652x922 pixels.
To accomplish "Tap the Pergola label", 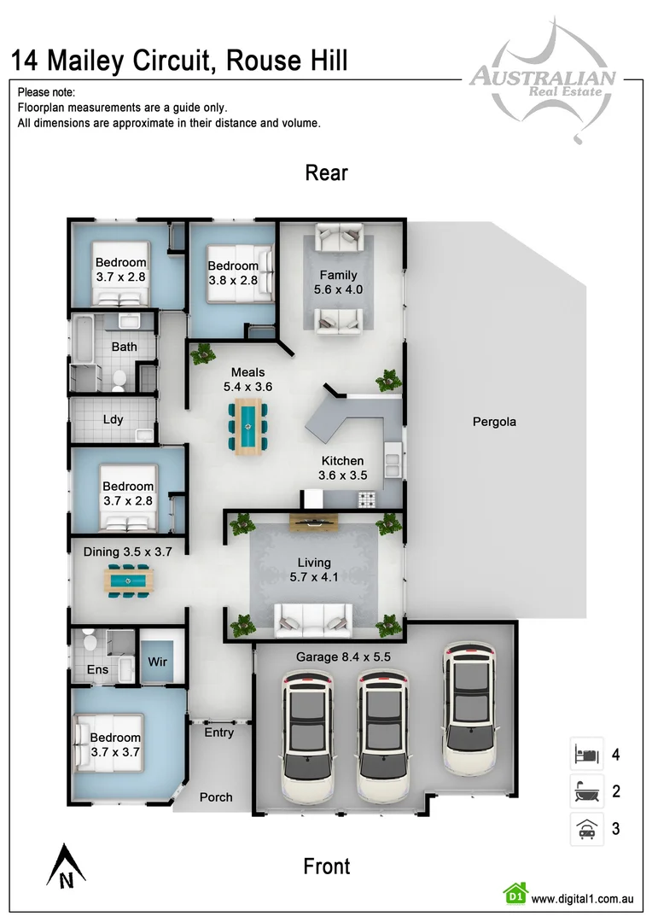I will [x=494, y=422].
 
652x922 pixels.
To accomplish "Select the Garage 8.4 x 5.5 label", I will [x=342, y=657].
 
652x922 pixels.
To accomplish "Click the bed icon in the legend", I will [x=586, y=755].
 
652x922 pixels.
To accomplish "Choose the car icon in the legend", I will [x=586, y=828].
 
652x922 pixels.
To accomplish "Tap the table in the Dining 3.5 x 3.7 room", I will [x=127, y=581].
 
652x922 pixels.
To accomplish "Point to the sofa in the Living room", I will [x=311, y=618].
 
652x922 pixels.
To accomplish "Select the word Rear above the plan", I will [x=326, y=173].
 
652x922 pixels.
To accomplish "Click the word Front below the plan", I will [x=326, y=867].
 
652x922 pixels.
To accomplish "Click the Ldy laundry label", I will [x=112, y=419].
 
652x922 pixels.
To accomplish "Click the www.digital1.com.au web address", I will [x=581, y=898].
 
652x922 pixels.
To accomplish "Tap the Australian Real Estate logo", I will [x=541, y=81].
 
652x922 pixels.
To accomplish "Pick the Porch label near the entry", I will [x=216, y=797].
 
